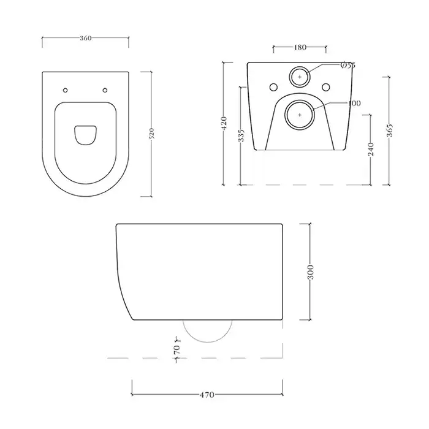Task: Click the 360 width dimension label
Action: tap(86, 38)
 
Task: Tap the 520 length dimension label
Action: tap(152, 134)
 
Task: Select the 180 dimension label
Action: tap(300, 47)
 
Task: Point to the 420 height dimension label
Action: tap(224, 123)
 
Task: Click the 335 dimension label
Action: tap(241, 135)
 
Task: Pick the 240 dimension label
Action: tap(371, 149)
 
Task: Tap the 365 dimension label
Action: tap(390, 130)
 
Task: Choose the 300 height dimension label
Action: tap(311, 272)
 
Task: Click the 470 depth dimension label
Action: tap(207, 395)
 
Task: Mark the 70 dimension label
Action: tap(177, 349)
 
